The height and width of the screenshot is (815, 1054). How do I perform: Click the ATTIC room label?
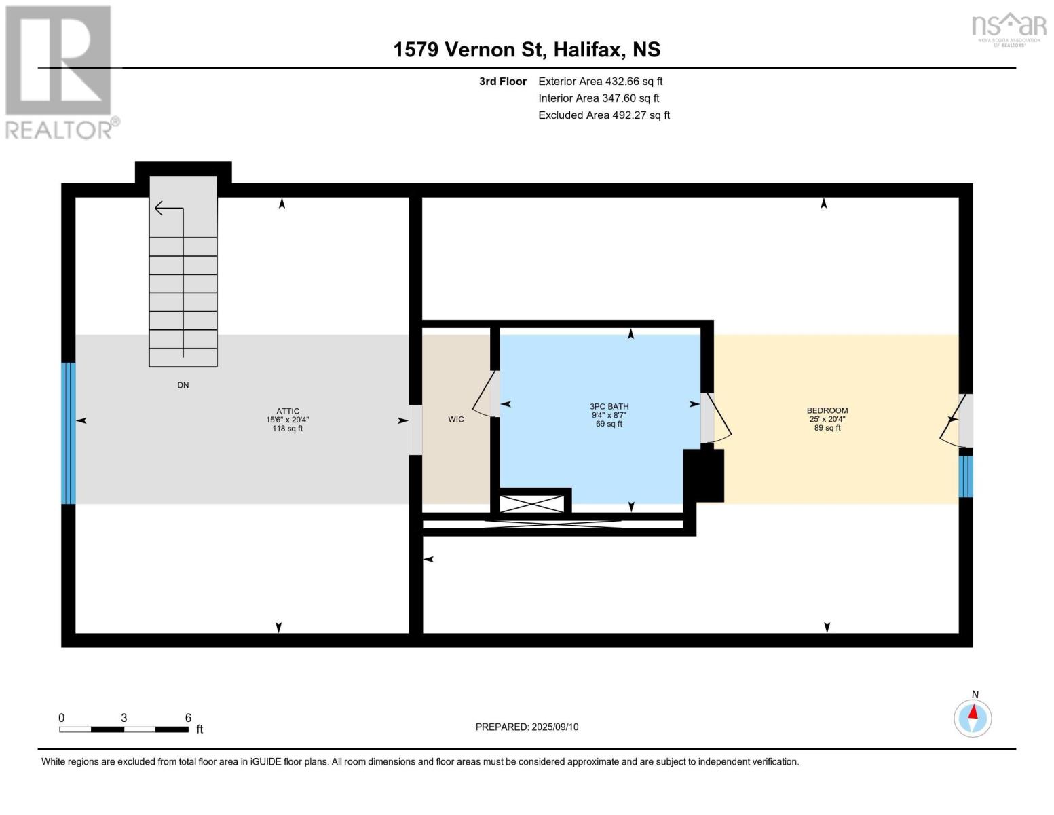click(288, 411)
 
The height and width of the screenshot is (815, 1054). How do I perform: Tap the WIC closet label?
click(456, 419)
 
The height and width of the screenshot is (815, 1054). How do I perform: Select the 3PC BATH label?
click(609, 406)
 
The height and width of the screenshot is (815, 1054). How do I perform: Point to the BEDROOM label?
click(827, 410)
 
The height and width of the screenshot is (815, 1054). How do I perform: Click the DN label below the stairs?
click(183, 385)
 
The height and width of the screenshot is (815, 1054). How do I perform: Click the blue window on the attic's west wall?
click(69, 433)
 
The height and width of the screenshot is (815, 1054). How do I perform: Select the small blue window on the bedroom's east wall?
click(965, 476)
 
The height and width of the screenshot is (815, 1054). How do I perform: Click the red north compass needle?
click(973, 712)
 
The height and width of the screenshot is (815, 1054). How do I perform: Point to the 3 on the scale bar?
click(124, 718)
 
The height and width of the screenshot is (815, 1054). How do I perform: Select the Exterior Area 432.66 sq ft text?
click(600, 81)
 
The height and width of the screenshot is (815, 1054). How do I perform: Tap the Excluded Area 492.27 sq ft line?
click(604, 115)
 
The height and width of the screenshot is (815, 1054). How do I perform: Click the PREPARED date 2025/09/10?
click(555, 727)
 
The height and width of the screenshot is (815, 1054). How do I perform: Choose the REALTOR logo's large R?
click(58, 60)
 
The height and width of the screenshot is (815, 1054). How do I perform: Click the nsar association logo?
click(1009, 29)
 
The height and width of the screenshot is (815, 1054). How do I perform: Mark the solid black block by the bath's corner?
click(703, 475)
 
